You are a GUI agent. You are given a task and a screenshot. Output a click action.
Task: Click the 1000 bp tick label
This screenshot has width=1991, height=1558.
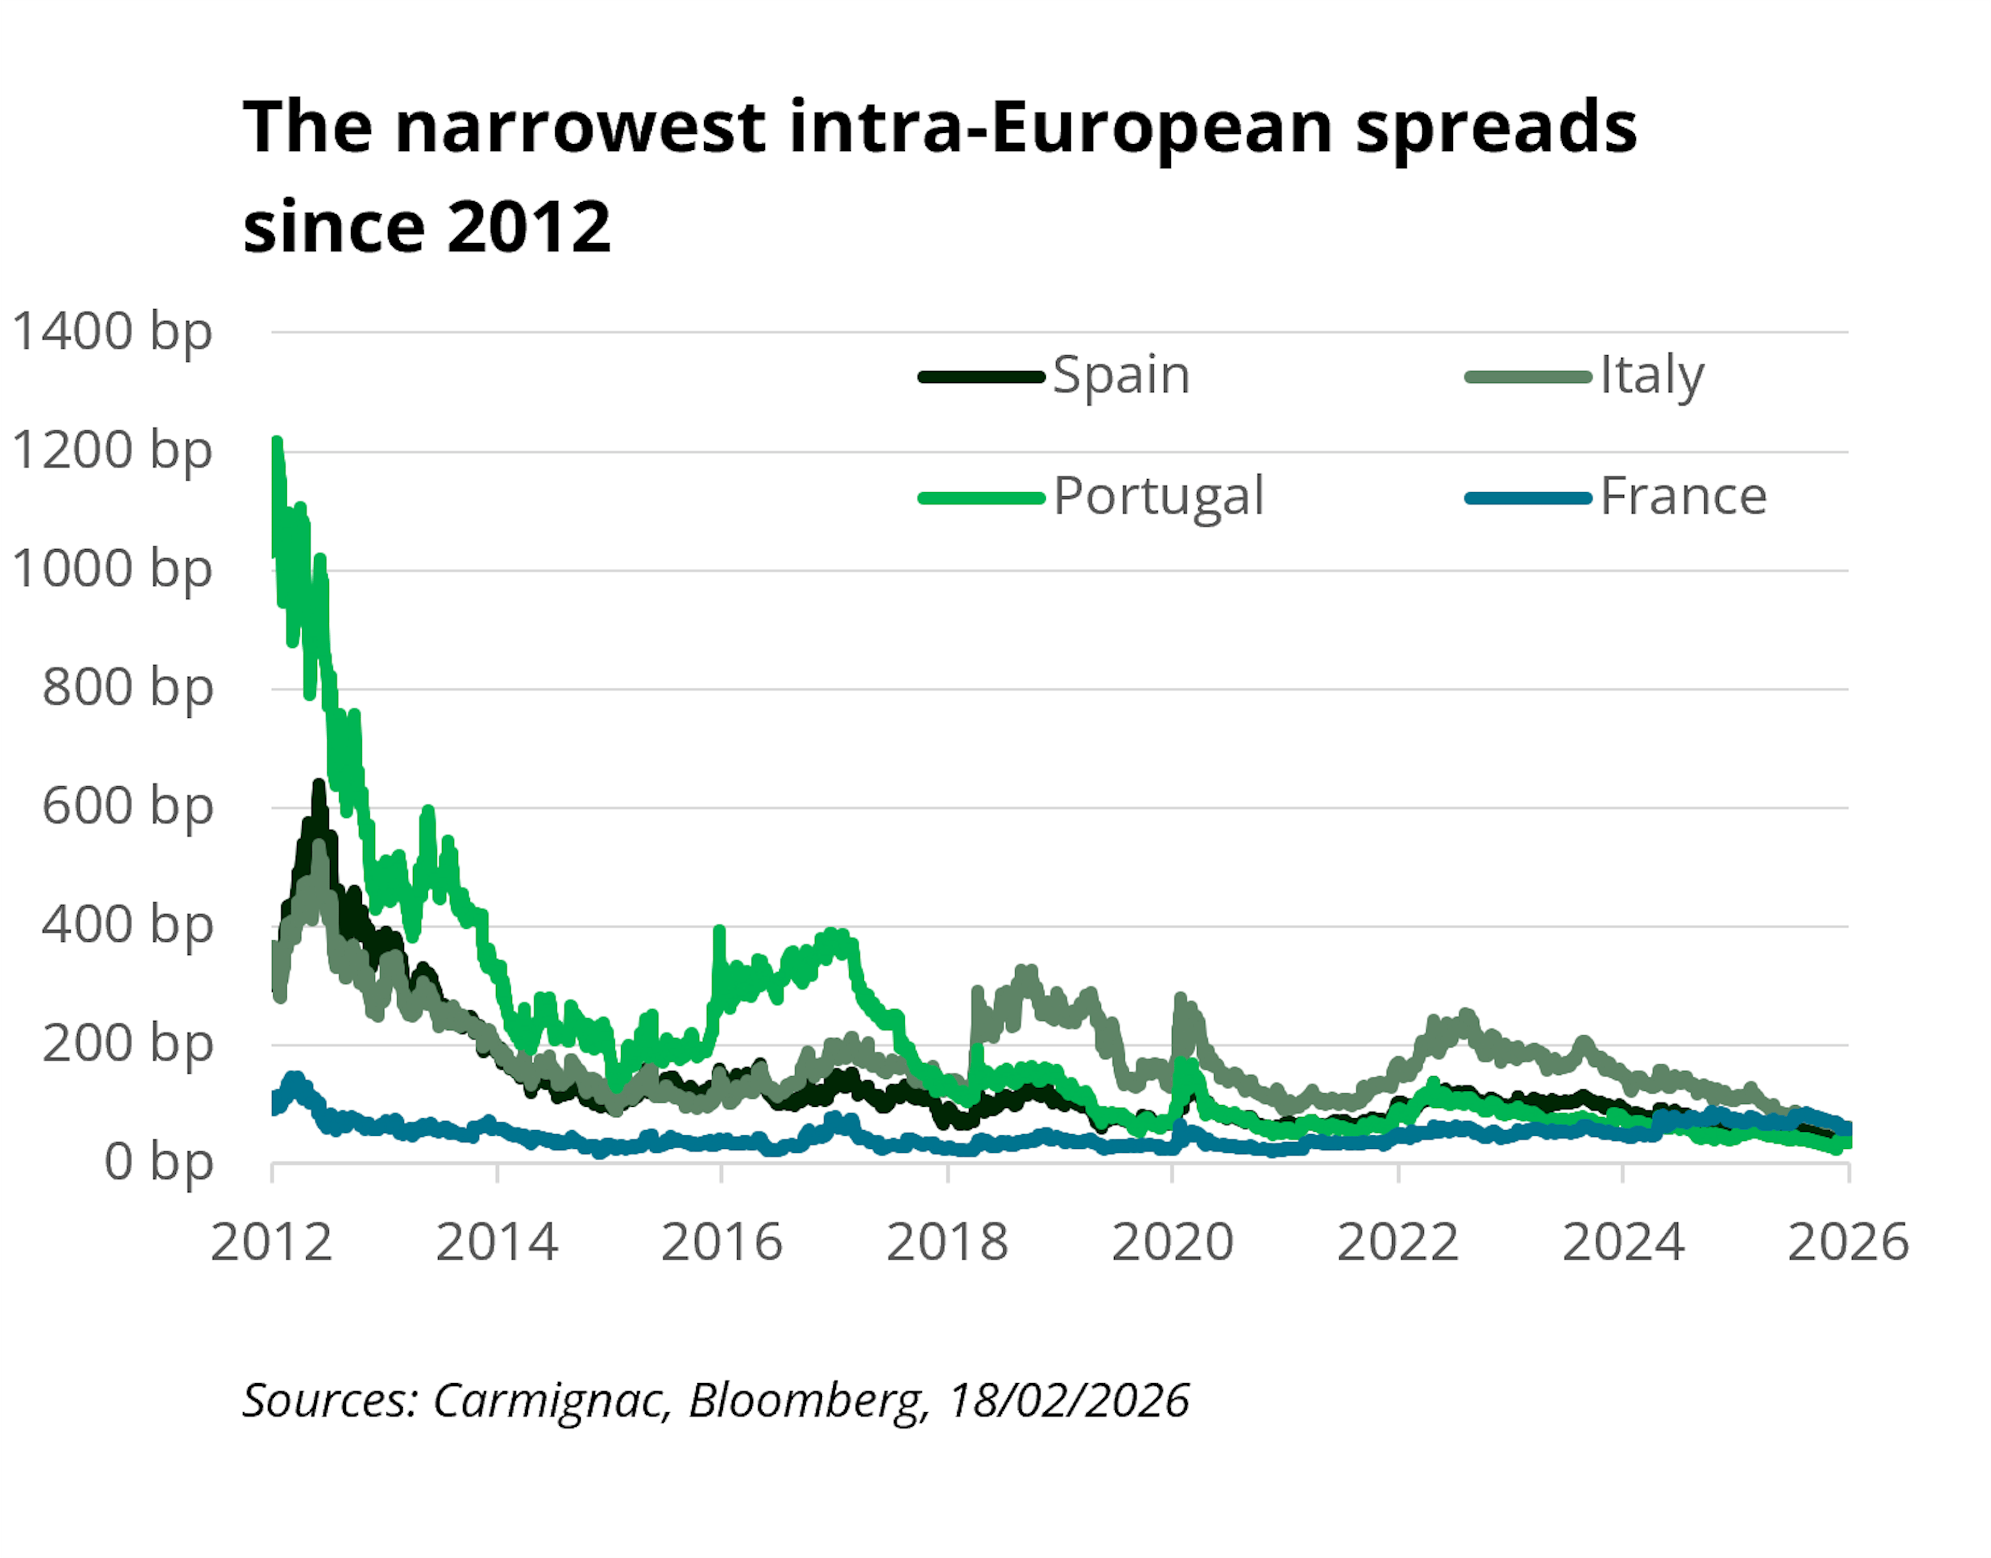pos(111,570)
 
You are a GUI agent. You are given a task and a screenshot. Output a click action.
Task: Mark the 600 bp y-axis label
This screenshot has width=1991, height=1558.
pos(127,808)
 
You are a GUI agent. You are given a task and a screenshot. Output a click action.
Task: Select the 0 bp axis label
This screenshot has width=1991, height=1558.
pos(158,1163)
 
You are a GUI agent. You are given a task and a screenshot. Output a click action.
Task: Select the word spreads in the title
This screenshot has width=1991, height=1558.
pos(1496,128)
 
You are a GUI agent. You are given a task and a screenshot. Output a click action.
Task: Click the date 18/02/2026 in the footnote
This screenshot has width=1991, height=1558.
pos(1069,1400)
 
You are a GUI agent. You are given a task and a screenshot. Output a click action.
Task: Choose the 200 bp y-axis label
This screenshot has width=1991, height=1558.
pos(127,1045)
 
